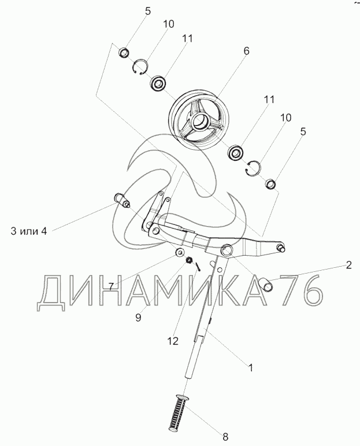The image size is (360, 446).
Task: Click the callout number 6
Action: click(246, 51)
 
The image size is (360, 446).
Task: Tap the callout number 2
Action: click(348, 266)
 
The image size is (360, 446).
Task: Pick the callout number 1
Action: click(250, 367)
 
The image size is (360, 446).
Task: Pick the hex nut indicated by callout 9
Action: click(188, 262)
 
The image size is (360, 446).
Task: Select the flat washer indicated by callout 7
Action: click(180, 253)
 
